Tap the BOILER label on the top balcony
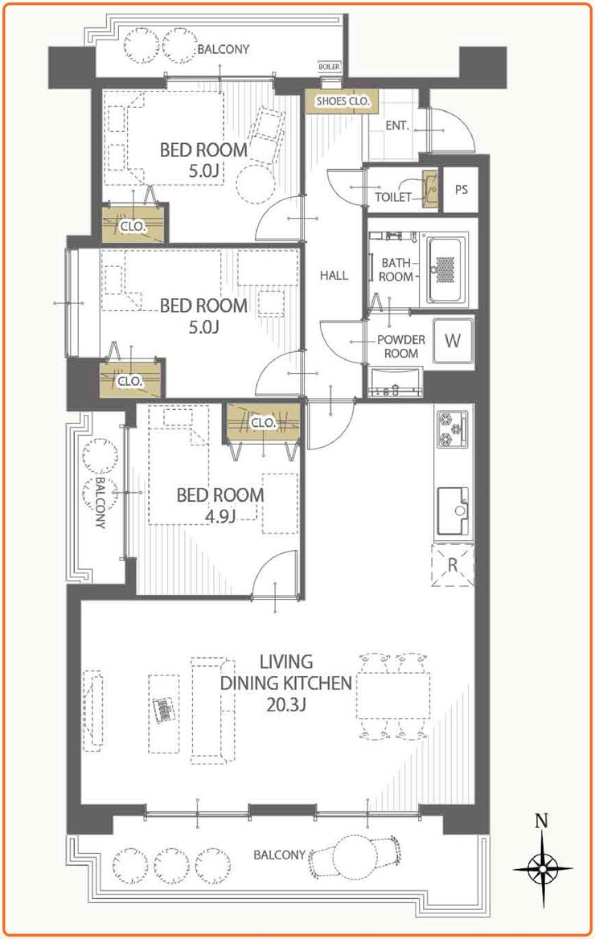(x=329, y=67)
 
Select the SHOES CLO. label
(x=343, y=102)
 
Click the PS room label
(x=461, y=190)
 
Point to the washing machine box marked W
(x=453, y=342)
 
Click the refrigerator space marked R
(x=453, y=564)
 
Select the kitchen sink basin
(x=453, y=511)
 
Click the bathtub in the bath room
(x=445, y=269)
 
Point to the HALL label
(x=334, y=276)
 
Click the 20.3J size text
(x=286, y=704)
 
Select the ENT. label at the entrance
(x=397, y=126)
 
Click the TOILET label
(x=393, y=197)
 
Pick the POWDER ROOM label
(x=401, y=346)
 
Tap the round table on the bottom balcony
(x=354, y=855)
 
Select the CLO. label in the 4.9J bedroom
(x=262, y=423)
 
